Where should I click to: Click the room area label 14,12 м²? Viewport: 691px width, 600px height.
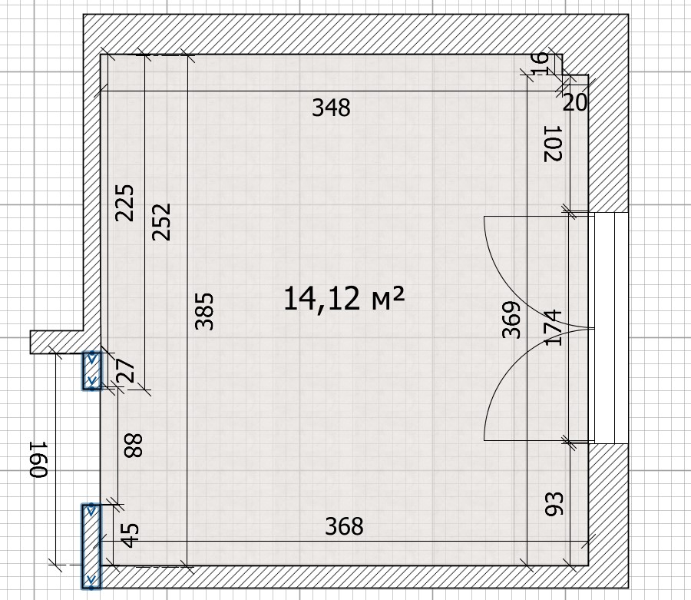coord(344,298)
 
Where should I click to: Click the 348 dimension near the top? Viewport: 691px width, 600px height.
coord(331,108)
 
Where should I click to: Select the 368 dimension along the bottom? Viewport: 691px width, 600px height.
coord(344,526)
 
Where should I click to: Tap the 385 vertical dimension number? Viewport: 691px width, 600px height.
coord(204,311)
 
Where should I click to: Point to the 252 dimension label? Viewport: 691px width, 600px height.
coord(161,222)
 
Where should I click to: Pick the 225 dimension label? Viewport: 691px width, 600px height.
coord(124,203)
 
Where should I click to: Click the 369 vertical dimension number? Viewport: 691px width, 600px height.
coord(511,320)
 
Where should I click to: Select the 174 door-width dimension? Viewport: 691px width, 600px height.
coord(554,327)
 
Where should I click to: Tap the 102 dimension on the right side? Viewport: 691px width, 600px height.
coord(553,144)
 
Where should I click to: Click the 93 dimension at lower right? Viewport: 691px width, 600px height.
coord(554,504)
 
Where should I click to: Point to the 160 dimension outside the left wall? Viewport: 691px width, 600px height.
coord(38,459)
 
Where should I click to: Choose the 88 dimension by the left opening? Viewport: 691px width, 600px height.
coord(134,446)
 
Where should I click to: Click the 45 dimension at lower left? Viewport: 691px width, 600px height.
coord(130,535)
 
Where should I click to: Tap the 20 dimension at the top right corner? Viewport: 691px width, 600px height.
coord(575,103)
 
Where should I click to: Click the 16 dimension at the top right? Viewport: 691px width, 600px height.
coord(541,64)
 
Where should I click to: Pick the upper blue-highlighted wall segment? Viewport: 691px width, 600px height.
coord(91,370)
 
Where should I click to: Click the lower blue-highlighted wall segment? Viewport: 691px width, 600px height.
coord(91,546)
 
